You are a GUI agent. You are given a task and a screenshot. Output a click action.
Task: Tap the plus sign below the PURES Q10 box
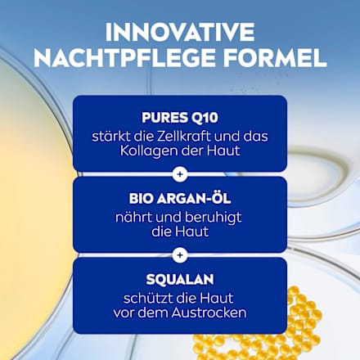[180, 174]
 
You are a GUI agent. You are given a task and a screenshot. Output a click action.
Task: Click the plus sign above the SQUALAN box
[180, 254]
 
